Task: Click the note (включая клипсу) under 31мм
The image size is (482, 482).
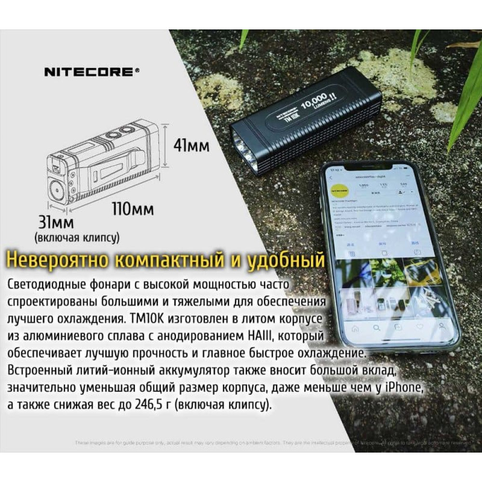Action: pos(77,238)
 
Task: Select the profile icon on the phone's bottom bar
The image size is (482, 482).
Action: pos(441,326)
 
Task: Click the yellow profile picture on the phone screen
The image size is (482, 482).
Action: pos(337,192)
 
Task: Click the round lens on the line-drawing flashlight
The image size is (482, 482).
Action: pos(57,187)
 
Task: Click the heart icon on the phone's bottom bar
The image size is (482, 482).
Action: pos(419,327)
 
